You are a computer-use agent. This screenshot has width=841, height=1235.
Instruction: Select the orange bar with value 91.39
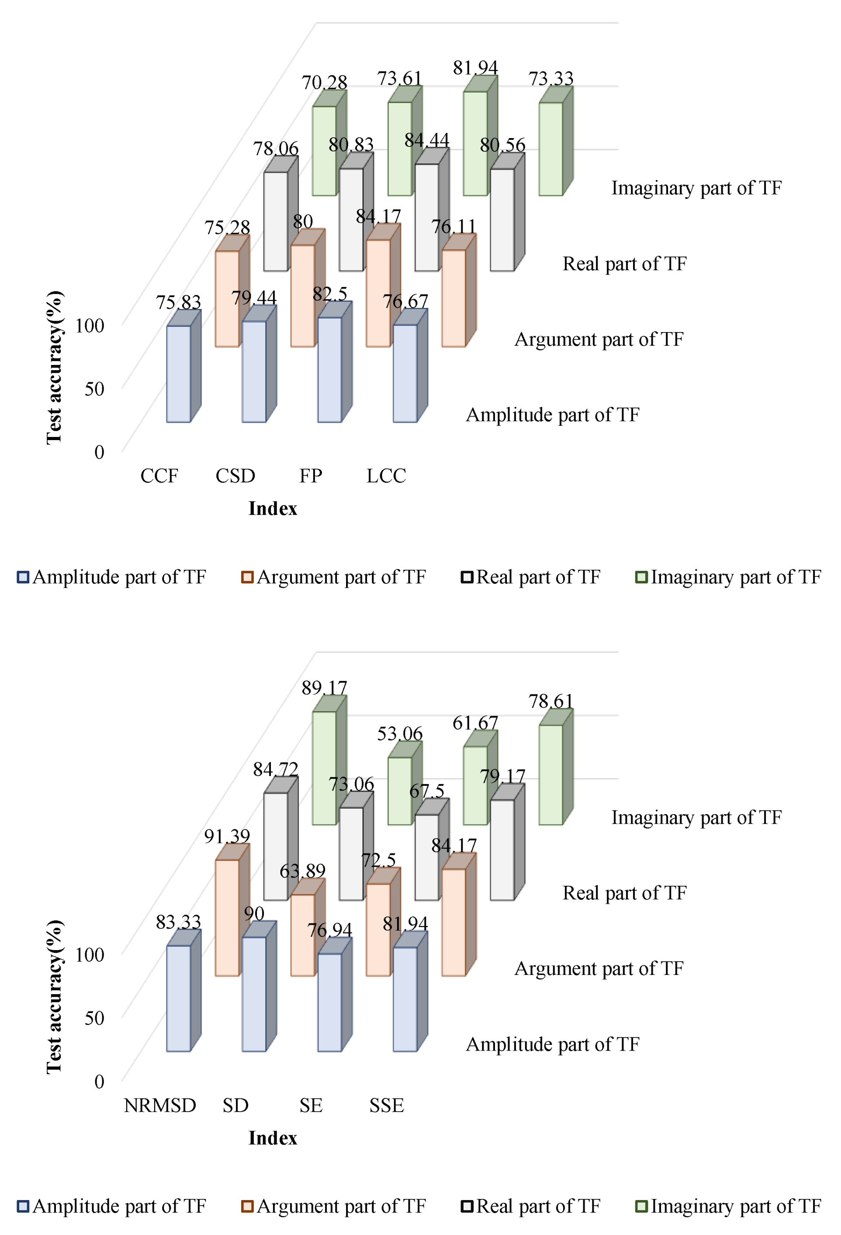[227, 917]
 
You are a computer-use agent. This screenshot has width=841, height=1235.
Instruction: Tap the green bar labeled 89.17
[324, 767]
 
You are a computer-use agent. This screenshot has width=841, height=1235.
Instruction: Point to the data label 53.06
[399, 734]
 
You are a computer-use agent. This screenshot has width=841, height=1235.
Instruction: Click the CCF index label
[159, 475]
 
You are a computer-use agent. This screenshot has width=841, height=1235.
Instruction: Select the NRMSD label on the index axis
[160, 1105]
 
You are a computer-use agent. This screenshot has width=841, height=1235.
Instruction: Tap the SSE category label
[386, 1105]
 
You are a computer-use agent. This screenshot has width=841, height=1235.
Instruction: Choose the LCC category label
[386, 475]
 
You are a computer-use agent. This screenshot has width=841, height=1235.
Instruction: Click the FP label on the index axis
[310, 475]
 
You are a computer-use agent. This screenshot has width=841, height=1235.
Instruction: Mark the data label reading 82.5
[330, 294]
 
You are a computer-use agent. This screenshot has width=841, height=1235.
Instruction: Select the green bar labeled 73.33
[550, 149]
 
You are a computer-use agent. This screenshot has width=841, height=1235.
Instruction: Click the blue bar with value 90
[254, 994]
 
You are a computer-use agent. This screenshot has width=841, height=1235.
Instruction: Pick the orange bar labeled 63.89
[302, 935]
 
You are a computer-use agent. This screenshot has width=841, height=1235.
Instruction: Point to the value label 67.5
[426, 791]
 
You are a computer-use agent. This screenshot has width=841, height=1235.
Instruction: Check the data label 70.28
[324, 83]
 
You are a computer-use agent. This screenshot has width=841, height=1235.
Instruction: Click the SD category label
[235, 1105]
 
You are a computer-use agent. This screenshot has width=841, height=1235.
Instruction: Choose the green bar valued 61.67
[475, 785]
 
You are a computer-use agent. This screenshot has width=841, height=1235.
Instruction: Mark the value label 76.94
[329, 930]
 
